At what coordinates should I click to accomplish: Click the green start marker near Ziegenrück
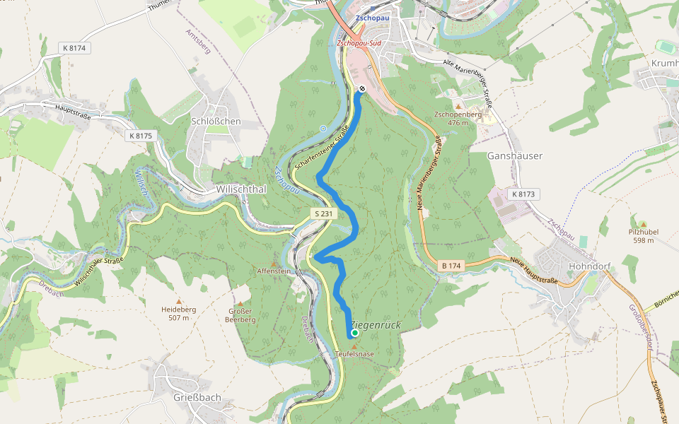[x=354, y=333]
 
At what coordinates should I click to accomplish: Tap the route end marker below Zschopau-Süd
[x=361, y=88]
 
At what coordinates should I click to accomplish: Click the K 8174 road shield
[x=75, y=48]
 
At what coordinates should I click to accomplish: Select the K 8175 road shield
[x=141, y=135]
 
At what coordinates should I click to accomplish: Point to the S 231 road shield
[x=323, y=213]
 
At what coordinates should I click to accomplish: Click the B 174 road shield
[x=451, y=266]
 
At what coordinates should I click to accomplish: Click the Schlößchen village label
[x=216, y=121]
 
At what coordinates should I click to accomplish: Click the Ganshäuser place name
[x=515, y=155]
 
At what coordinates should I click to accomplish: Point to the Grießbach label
[x=197, y=397]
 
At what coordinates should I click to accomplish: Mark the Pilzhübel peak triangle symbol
[x=643, y=223]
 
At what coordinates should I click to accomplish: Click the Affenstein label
[x=274, y=271]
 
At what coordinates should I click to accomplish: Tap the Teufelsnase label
[x=354, y=353]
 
